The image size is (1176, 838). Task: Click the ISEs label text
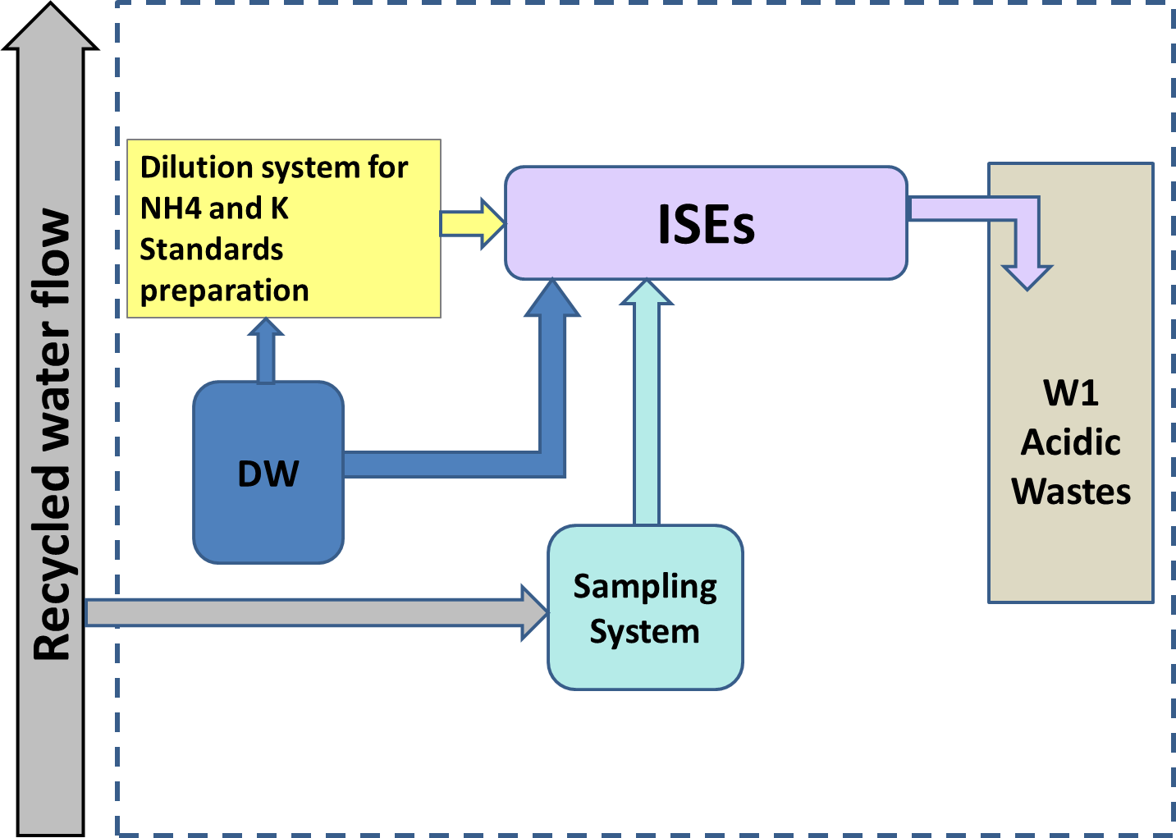(706, 224)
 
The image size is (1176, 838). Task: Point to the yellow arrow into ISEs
(472, 222)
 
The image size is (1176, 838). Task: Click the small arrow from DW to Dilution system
(265, 351)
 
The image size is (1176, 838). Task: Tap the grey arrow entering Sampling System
(312, 612)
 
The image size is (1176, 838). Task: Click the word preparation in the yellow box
(224, 291)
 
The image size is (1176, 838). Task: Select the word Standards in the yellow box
(211, 250)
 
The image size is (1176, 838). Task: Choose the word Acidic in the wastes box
(1071, 442)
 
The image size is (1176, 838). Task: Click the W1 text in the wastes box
(1071, 393)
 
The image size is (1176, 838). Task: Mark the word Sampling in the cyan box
(645, 588)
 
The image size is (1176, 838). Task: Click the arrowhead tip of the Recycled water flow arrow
(51, 10)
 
